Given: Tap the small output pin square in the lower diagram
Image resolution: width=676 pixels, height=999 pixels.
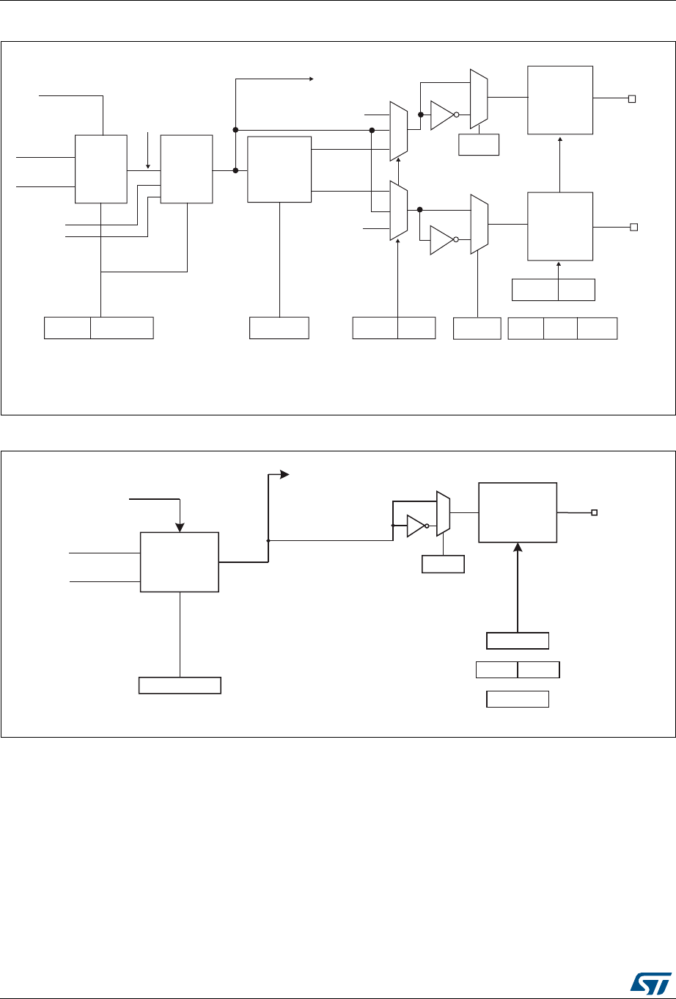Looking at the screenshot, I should [595, 512].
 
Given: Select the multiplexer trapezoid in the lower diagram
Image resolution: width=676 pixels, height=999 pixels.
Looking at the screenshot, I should [444, 512].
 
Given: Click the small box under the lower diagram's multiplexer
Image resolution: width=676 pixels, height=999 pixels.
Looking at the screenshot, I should [443, 564].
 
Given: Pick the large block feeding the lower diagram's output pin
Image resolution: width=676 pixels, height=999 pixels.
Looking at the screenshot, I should [518, 512].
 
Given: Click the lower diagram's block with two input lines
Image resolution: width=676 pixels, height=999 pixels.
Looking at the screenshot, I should [179, 562].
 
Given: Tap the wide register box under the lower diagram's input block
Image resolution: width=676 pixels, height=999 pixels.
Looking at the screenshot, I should [180, 686].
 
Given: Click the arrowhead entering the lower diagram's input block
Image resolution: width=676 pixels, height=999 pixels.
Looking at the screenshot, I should [179, 528].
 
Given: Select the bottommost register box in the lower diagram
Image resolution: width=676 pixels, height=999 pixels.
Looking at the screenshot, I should [518, 698].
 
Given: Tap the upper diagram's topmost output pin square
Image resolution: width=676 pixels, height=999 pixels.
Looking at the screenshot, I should [631, 98].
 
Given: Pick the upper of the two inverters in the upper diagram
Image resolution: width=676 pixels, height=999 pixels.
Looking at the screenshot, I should [443, 115].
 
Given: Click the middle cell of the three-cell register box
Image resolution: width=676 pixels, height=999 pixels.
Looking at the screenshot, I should [560, 328].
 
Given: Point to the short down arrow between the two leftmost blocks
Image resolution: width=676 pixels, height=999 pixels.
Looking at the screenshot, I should [148, 166].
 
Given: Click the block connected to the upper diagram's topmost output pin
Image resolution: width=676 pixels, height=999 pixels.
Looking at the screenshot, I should [560, 99].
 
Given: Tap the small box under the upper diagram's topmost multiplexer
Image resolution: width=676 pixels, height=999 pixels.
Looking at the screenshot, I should [478, 145].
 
